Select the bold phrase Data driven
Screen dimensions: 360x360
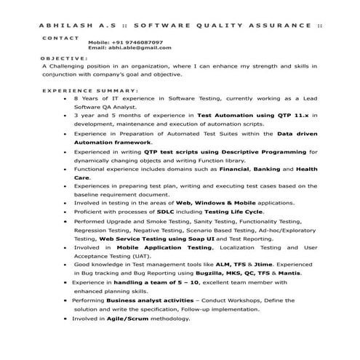(x=298, y=135)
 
